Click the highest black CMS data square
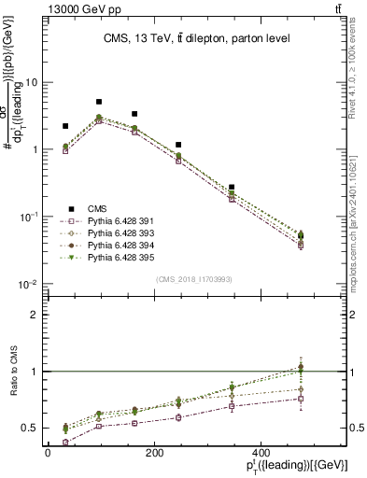click(x=99, y=102)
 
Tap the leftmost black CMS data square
click(x=65, y=126)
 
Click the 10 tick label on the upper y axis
click(x=30, y=82)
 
